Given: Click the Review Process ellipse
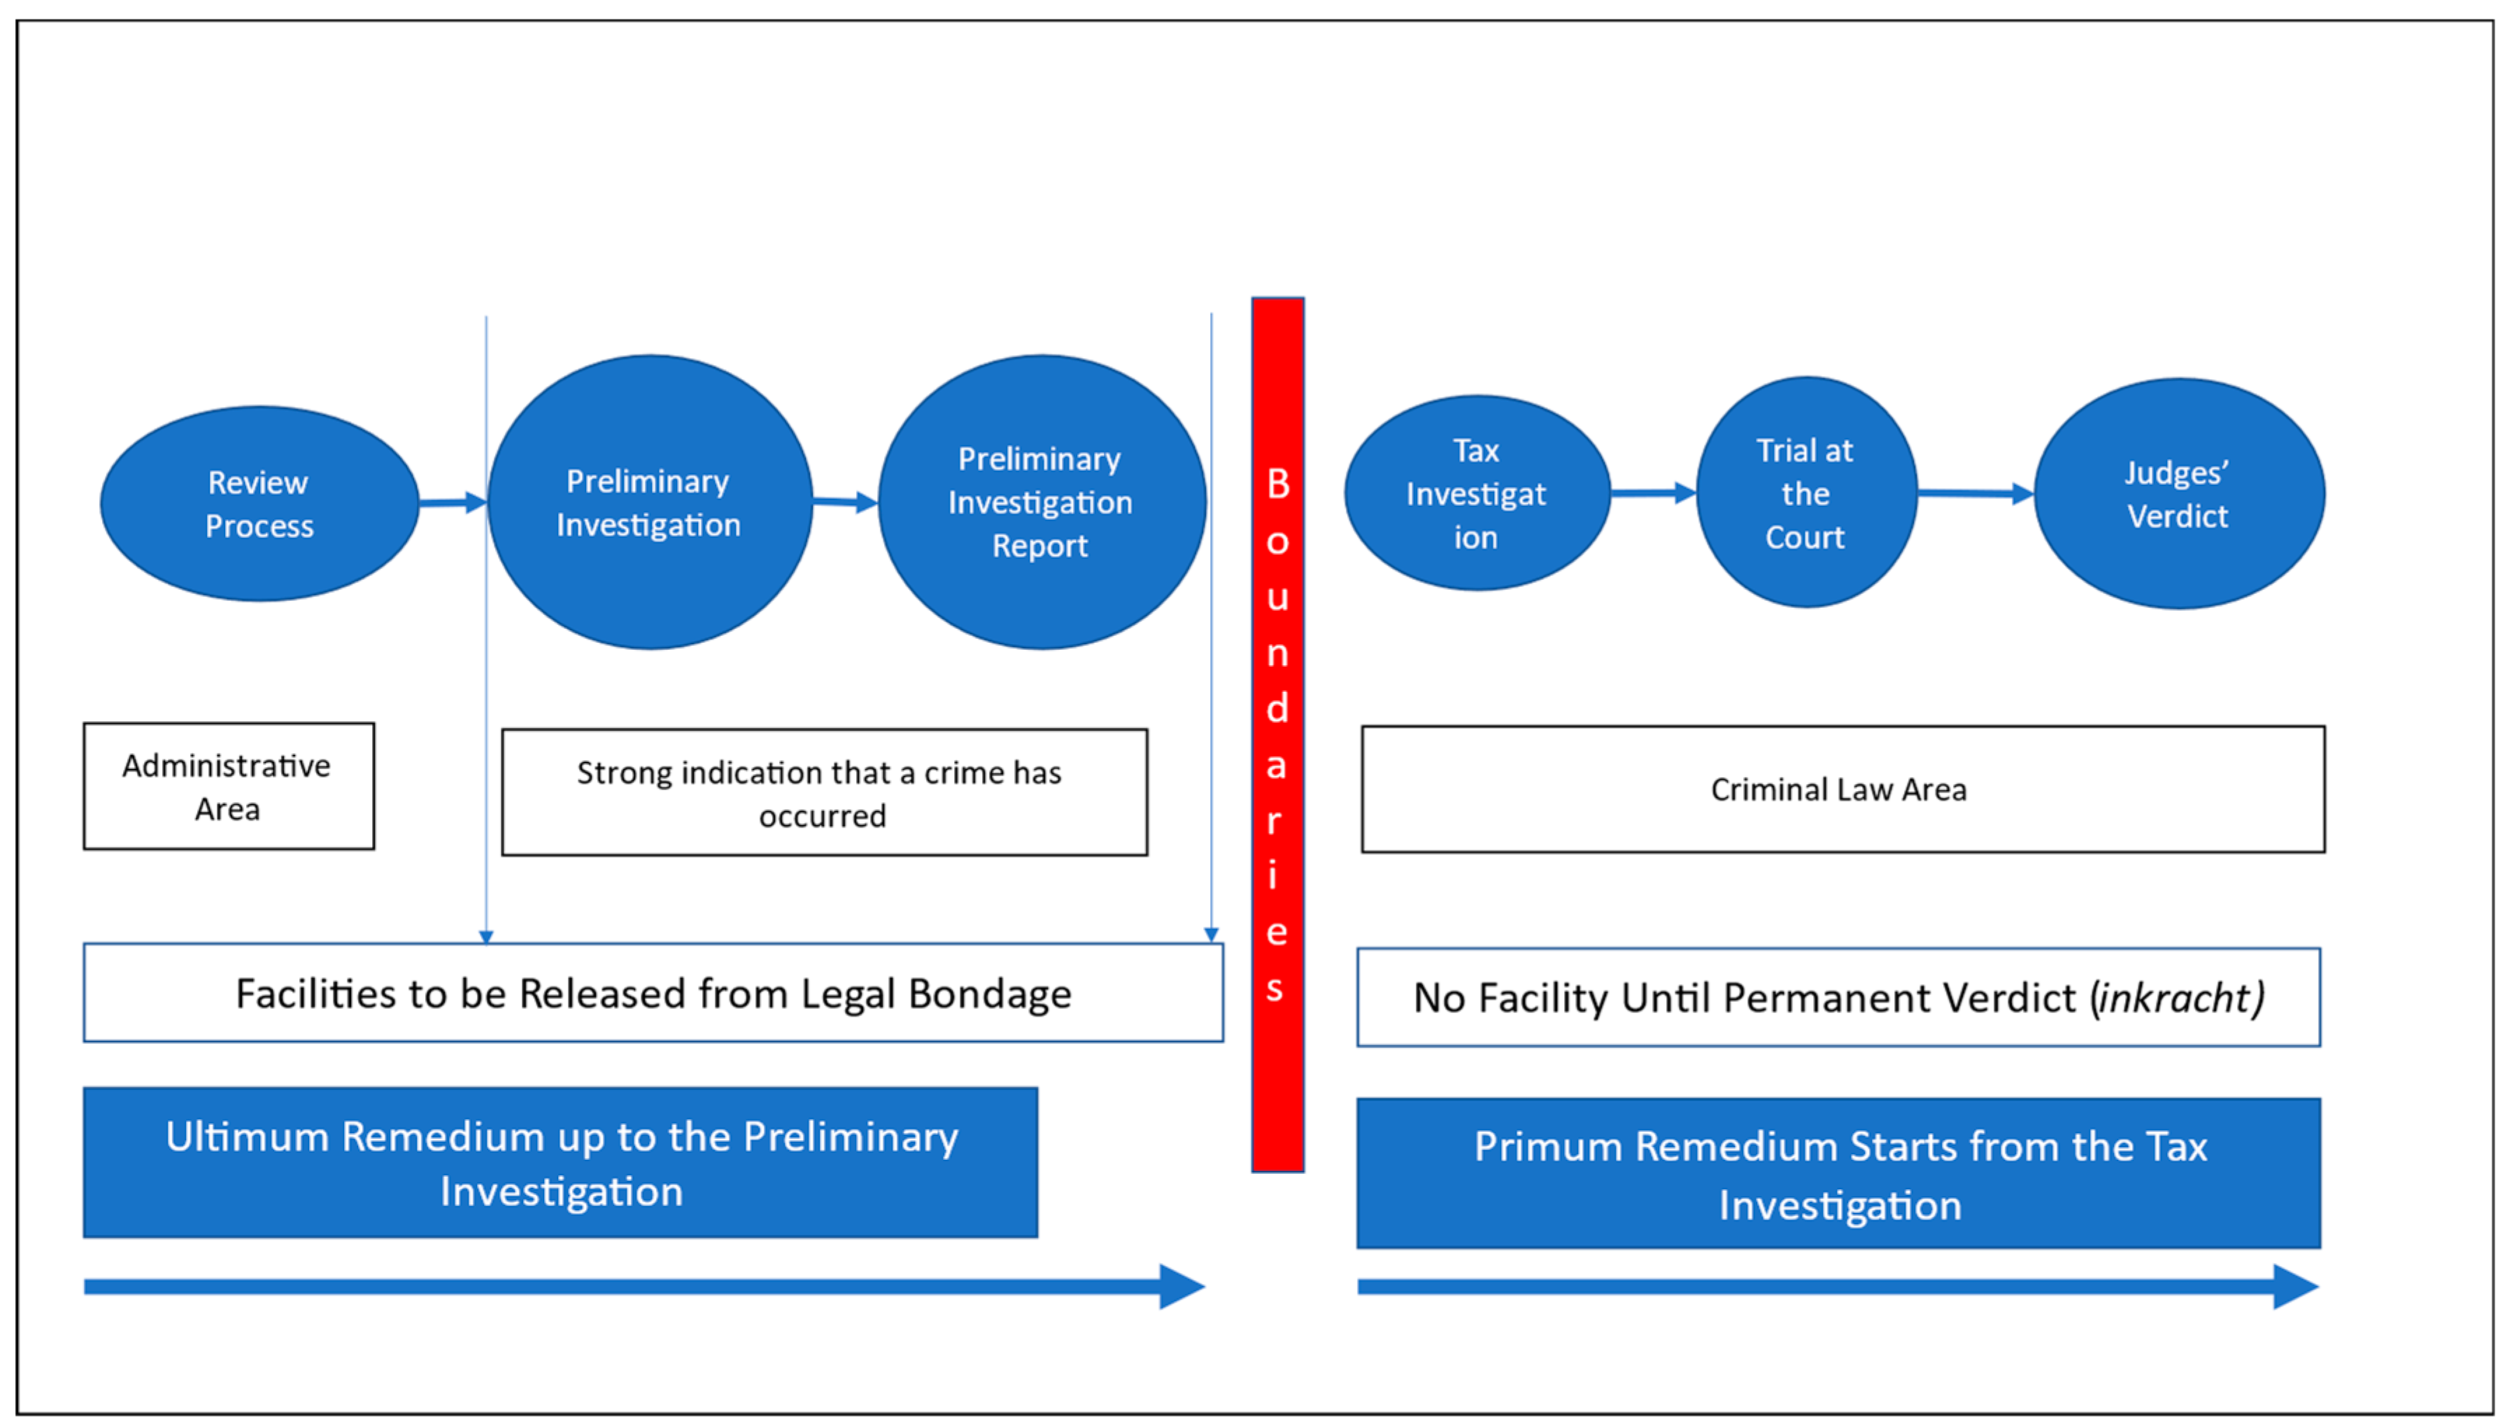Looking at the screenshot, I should pyautogui.click(x=260, y=504).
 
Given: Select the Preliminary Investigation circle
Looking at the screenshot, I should pyautogui.click(x=650, y=502).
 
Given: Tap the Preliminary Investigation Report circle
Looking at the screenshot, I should pyautogui.click(x=1042, y=502).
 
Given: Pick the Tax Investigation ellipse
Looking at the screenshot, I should pyautogui.click(x=1477, y=493).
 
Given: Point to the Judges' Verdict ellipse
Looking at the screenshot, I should pyautogui.click(x=2179, y=494).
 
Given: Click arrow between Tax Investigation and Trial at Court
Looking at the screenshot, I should pyautogui.click(x=1654, y=493).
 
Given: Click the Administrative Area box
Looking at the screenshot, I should pyautogui.click(x=228, y=786).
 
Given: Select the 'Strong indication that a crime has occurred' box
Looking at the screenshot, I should pyautogui.click(x=823, y=792).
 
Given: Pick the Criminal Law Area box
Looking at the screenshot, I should pyautogui.click(x=1842, y=789).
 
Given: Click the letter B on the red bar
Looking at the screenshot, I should pyautogui.click(x=1277, y=484).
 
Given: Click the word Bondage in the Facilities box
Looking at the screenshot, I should pyautogui.click(x=990, y=994).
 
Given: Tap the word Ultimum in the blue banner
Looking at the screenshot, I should pyautogui.click(x=247, y=1137).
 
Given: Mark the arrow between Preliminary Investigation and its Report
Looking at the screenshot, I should pyautogui.click(x=844, y=503).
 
